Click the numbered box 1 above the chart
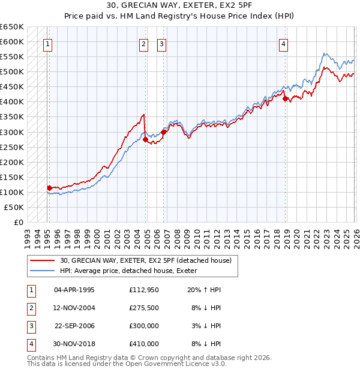pyautogui.click(x=47, y=43)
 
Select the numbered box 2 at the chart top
pyautogui.click(x=144, y=43)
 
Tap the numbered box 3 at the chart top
pyautogui.click(x=162, y=43)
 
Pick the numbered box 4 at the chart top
pyautogui.click(x=283, y=43)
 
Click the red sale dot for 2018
pyautogui.click(x=286, y=98)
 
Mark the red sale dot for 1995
pyautogui.click(x=49, y=188)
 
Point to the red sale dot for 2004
pyautogui.click(x=145, y=139)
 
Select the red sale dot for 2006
pyautogui.click(x=164, y=132)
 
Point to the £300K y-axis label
pyautogui.click(x=11, y=132)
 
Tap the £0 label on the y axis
pyautogui.click(x=18, y=222)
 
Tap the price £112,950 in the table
pyautogui.click(x=143, y=289)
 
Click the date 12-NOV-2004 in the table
pyautogui.click(x=74, y=307)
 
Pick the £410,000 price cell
pyautogui.click(x=143, y=344)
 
